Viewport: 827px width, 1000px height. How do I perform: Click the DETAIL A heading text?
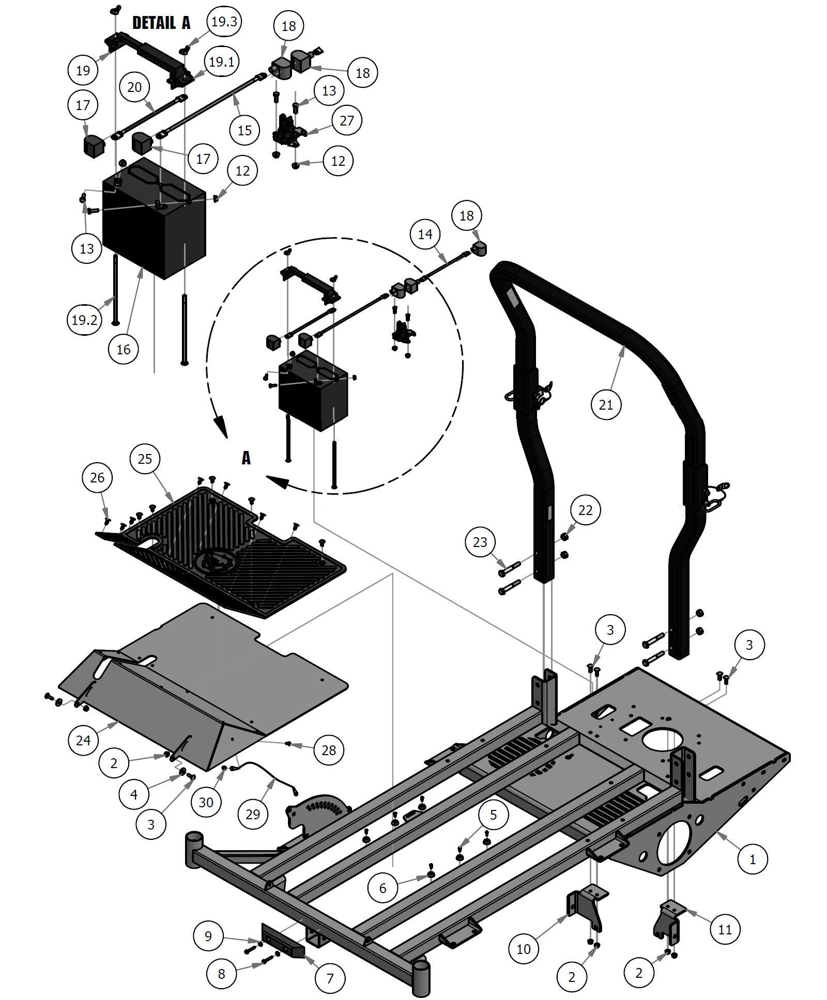(x=161, y=23)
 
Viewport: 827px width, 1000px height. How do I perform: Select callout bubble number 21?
(x=605, y=404)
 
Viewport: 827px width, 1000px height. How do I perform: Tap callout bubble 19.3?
(x=224, y=21)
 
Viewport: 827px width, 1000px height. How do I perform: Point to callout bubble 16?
(x=124, y=349)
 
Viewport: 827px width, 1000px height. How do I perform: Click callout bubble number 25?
(x=145, y=459)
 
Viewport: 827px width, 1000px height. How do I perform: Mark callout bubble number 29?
(x=253, y=814)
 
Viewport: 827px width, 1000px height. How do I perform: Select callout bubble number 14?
(x=425, y=234)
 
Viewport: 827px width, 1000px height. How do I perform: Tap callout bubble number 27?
(x=347, y=120)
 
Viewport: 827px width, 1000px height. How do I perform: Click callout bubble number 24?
(x=83, y=740)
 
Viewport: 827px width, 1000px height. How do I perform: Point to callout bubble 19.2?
(x=84, y=320)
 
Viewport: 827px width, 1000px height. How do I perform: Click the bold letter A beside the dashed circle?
(x=247, y=458)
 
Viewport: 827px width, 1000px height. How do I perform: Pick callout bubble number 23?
(x=480, y=542)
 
